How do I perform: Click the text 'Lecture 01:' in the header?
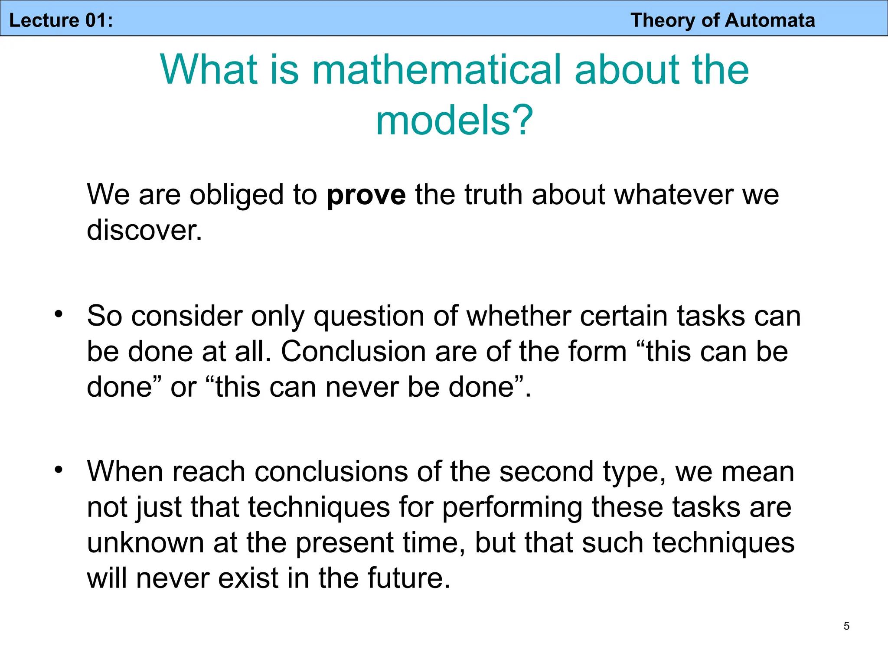pyautogui.click(x=61, y=20)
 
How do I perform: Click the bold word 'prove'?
pyautogui.click(x=366, y=195)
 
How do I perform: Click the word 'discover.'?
pyautogui.click(x=144, y=230)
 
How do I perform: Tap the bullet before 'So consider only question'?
pyautogui.click(x=59, y=314)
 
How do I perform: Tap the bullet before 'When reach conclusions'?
pyautogui.click(x=59, y=470)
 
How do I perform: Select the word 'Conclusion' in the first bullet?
pyautogui.click(x=353, y=351)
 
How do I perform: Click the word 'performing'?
pyautogui.click(x=512, y=507)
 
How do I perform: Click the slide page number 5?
pyautogui.click(x=846, y=626)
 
